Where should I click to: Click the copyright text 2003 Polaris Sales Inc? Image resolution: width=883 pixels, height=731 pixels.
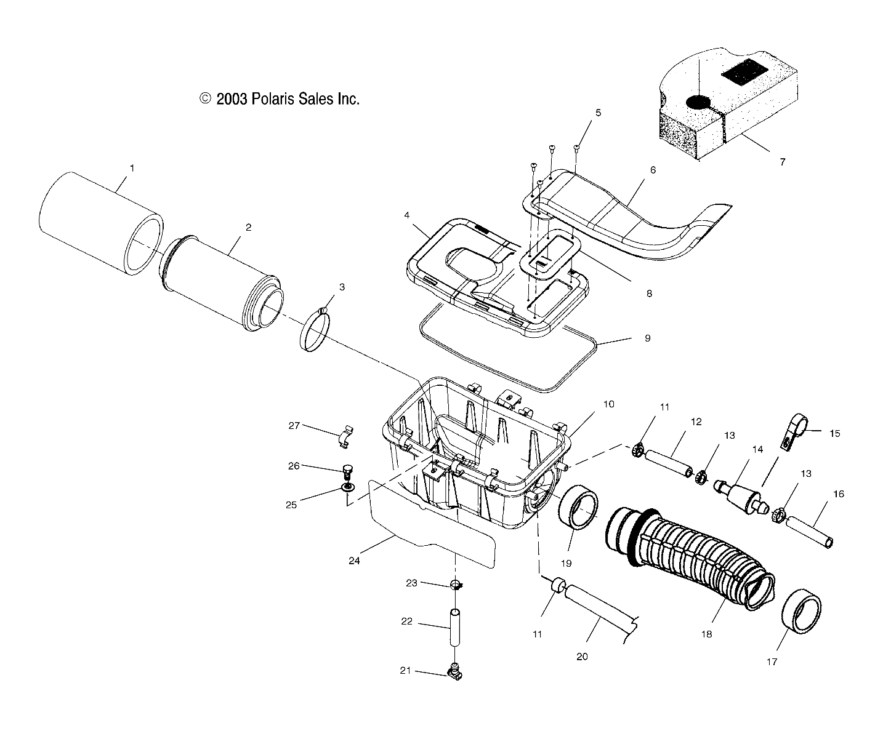click(279, 98)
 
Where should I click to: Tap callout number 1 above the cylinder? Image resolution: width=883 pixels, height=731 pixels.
click(131, 167)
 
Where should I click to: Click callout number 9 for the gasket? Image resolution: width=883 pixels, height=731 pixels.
click(647, 338)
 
